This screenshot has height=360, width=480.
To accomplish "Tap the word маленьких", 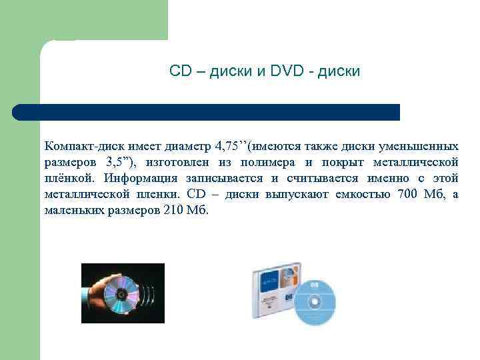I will [x=73, y=210].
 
